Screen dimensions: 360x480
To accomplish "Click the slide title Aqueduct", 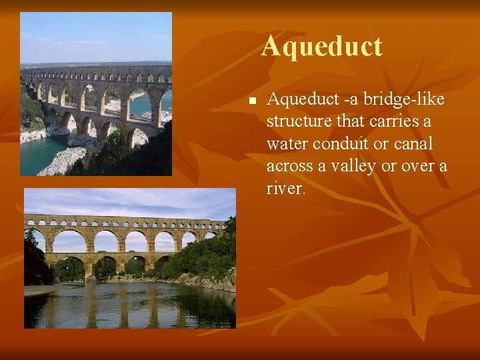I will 321,47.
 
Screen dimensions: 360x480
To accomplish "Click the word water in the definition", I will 287,144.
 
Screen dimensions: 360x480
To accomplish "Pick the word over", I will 417,166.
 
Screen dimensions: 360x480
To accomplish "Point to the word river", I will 285,188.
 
